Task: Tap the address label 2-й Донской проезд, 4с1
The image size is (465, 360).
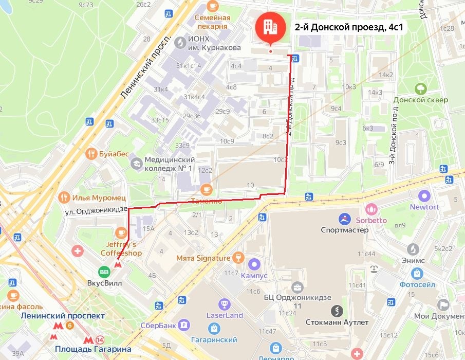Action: click(x=349, y=27)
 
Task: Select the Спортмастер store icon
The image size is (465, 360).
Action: click(x=344, y=219)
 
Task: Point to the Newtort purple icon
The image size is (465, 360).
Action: click(x=424, y=196)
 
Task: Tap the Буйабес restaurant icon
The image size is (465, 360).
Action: click(x=91, y=153)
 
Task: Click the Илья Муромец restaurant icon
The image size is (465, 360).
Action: click(x=64, y=197)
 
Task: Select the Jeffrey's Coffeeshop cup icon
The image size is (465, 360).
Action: click(x=121, y=232)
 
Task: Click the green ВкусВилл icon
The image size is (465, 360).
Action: click(x=104, y=272)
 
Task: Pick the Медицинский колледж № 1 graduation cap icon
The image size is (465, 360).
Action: click(x=136, y=164)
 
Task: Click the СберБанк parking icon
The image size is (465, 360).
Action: click(x=183, y=325)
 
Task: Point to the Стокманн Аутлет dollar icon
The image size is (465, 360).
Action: click(x=337, y=311)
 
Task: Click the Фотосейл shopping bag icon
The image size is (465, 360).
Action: click(x=417, y=273)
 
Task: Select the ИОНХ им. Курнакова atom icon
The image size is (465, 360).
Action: click(x=180, y=42)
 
